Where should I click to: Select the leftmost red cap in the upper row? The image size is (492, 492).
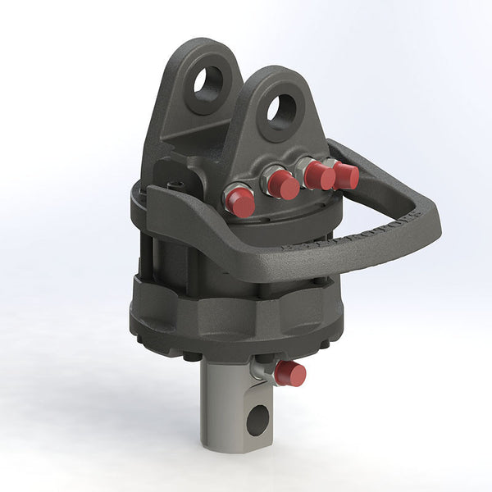tap(240, 202)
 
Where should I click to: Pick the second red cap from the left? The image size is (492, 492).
tap(283, 185)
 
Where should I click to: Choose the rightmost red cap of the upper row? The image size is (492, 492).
tap(346, 175)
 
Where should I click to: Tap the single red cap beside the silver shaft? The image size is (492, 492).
tap(289, 374)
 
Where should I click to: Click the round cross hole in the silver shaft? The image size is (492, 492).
tap(257, 421)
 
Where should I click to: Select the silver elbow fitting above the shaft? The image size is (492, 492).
tap(260, 368)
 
